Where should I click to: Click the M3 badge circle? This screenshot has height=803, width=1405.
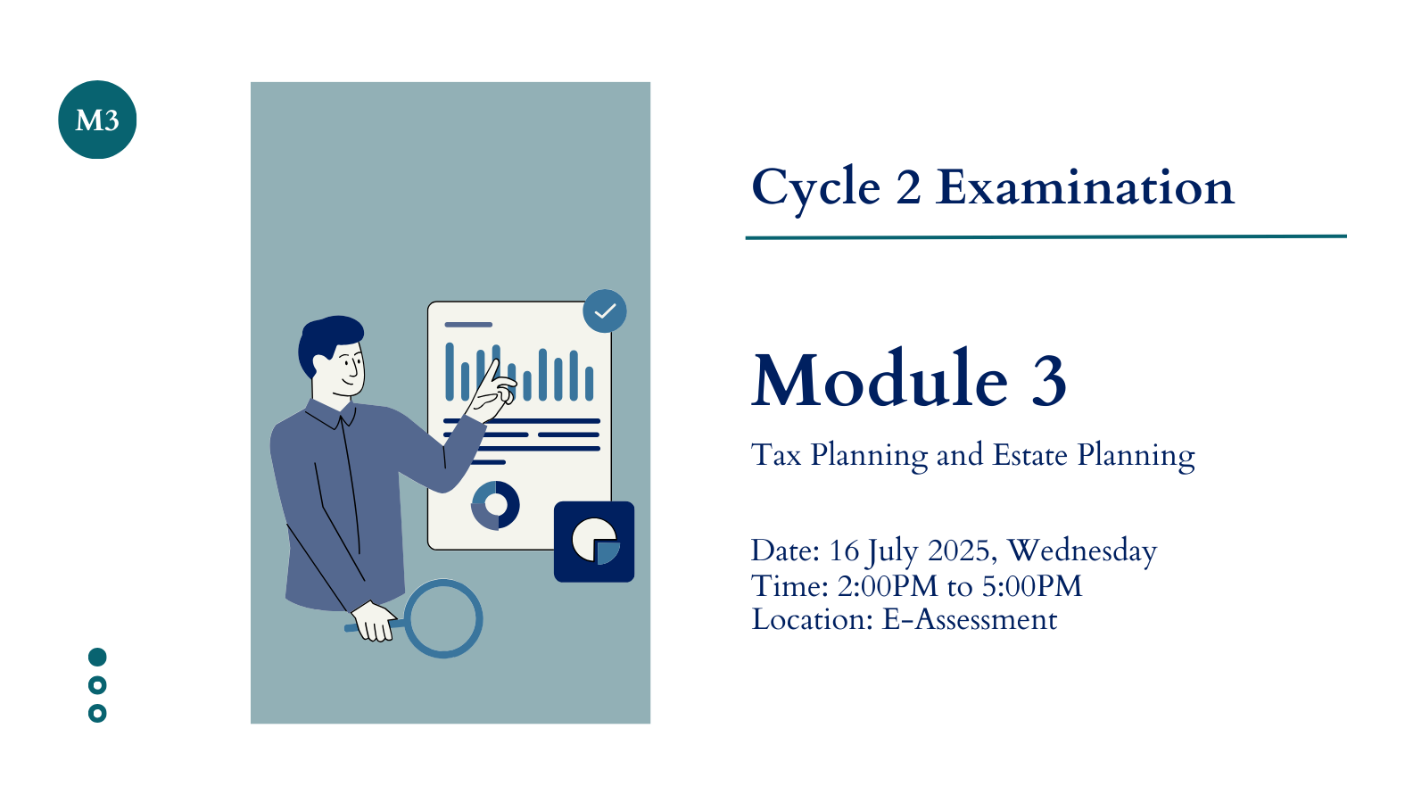point(97,120)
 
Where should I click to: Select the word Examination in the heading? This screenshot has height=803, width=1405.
point(1085,187)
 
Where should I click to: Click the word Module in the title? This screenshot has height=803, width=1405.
point(880,378)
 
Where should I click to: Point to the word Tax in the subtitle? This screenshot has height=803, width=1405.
point(776,454)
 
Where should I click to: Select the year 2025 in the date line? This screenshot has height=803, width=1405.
point(958,551)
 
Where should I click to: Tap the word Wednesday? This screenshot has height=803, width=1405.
point(1082,551)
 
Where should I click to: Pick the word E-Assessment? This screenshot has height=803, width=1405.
point(970,619)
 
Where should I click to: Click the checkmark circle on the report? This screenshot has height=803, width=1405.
point(605,311)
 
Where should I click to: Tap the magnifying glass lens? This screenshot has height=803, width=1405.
point(443,618)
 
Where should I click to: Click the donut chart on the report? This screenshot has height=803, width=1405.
point(495,505)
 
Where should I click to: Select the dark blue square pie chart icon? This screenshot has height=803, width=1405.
point(594,542)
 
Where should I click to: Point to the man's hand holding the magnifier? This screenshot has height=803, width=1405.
point(375,622)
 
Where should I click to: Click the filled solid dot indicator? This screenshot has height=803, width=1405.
point(97,657)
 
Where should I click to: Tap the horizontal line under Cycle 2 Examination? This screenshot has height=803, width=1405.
point(1046,237)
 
